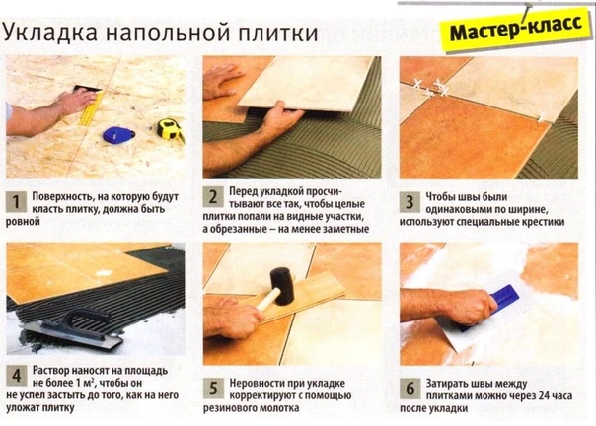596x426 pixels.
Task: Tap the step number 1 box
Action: click(x=16, y=202)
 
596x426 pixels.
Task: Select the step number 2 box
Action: click(x=213, y=197)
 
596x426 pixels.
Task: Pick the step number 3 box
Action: click(x=410, y=202)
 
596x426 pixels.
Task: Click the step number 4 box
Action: click(x=17, y=376)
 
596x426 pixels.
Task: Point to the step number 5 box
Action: click(x=213, y=388)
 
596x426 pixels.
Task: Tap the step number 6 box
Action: click(x=410, y=389)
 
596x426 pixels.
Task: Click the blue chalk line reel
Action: click(x=118, y=135)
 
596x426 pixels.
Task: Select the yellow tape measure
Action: click(x=171, y=129)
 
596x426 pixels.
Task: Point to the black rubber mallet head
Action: click(x=282, y=285)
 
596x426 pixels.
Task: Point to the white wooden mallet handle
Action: click(x=268, y=299)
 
